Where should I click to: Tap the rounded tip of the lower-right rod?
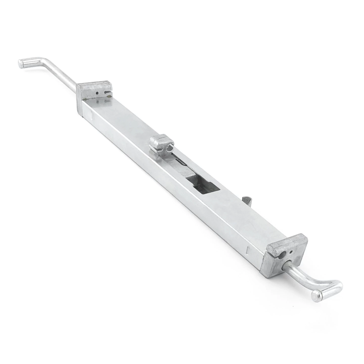317,295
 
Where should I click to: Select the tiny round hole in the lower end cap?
291,252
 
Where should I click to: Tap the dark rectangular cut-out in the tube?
202,186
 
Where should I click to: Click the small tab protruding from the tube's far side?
246,201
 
